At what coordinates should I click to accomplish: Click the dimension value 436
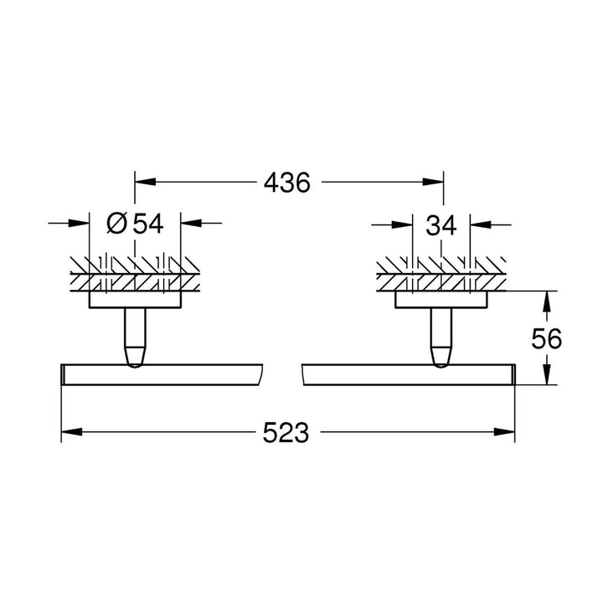tap(287, 182)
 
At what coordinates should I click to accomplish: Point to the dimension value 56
tap(546, 338)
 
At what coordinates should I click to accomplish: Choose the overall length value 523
tap(287, 432)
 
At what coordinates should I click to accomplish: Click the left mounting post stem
tap(135, 335)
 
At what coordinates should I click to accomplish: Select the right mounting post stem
tap(442, 335)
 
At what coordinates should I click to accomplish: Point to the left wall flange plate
tap(135, 299)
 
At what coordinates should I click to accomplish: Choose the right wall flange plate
tap(442, 299)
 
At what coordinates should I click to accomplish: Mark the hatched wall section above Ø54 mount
tap(135, 272)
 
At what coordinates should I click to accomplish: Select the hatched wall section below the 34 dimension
tap(442, 272)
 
